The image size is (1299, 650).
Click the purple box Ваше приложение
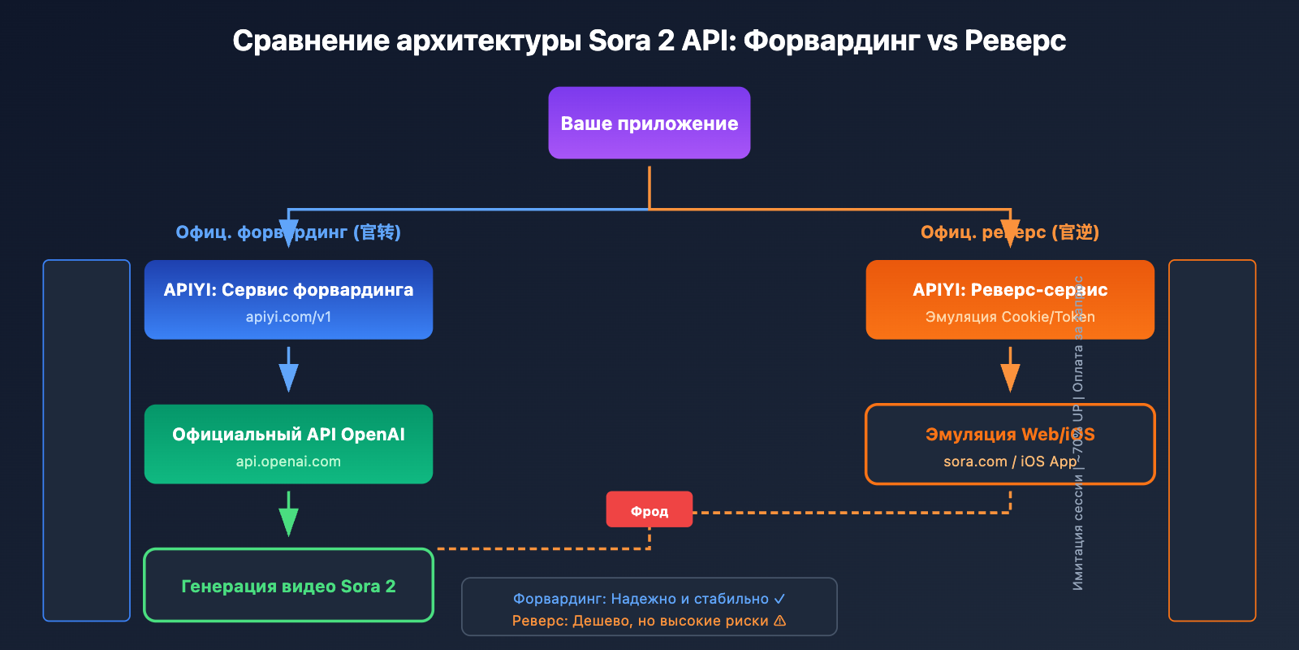click(x=649, y=123)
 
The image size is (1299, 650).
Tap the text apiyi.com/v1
click(x=288, y=317)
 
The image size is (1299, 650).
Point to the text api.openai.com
click(x=288, y=461)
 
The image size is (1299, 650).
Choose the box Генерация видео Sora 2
click(x=288, y=586)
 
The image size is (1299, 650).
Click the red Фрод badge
click(x=649, y=510)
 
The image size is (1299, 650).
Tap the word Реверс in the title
click(x=1015, y=41)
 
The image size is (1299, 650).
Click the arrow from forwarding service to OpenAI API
click(x=288, y=370)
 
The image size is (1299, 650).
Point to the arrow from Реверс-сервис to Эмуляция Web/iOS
click(x=1010, y=370)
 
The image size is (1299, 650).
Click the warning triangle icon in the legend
click(x=780, y=621)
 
